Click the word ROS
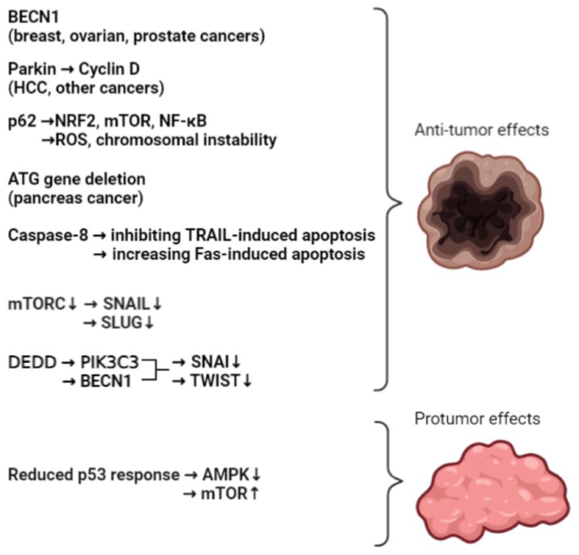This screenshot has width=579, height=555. pyautogui.click(x=72, y=140)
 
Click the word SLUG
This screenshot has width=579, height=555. pyautogui.click(x=122, y=323)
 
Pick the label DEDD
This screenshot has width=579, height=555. pyautogui.click(x=32, y=363)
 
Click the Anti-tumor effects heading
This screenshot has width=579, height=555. pyautogui.click(x=482, y=130)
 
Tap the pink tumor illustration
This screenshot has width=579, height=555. pyautogui.click(x=492, y=492)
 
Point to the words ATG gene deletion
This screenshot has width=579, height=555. pyautogui.click(x=77, y=180)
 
